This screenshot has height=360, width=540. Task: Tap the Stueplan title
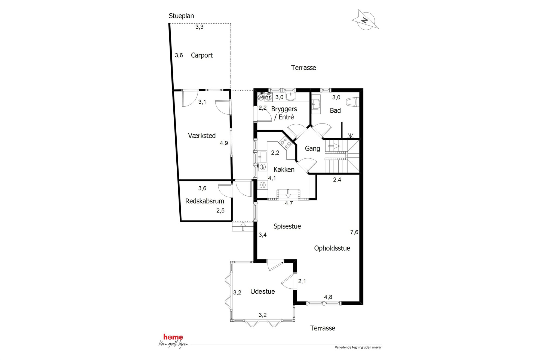(x=181, y=16)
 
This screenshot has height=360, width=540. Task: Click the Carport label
(x=202, y=55)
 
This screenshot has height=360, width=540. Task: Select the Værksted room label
(x=202, y=136)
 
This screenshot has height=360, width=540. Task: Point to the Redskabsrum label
(x=205, y=201)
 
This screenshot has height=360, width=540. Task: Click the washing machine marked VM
(x=261, y=97)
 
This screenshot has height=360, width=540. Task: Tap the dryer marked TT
(x=269, y=97)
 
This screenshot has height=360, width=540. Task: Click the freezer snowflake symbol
(x=263, y=185)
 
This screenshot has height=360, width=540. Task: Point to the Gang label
(x=312, y=149)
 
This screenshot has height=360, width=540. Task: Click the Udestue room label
(x=263, y=291)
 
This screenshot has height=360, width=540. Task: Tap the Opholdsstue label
(x=332, y=248)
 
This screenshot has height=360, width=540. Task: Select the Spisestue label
(x=287, y=226)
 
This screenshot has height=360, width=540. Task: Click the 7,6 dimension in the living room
(x=354, y=232)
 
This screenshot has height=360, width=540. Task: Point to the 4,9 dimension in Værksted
(x=224, y=143)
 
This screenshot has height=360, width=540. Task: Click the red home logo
(x=173, y=337)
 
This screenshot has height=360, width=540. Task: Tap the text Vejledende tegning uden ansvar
(x=358, y=347)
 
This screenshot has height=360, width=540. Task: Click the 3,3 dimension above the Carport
(x=199, y=27)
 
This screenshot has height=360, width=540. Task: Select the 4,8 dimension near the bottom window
(x=328, y=297)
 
